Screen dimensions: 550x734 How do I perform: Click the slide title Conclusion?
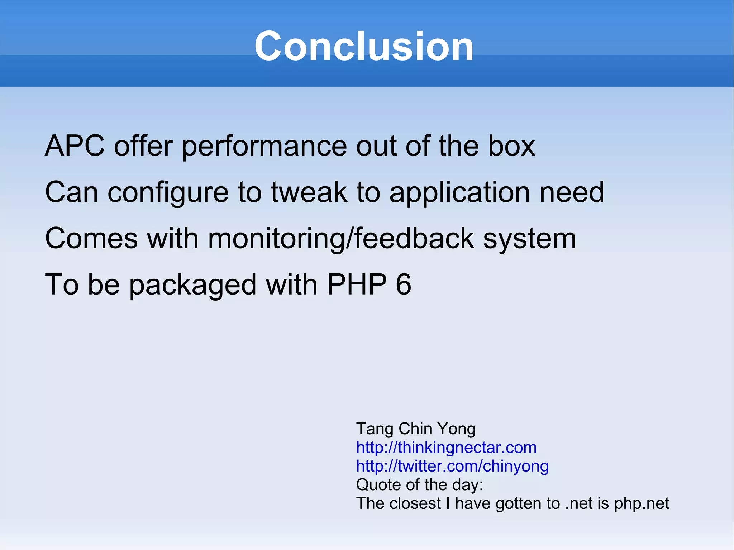(x=364, y=47)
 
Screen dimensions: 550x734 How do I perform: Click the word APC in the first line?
(x=75, y=146)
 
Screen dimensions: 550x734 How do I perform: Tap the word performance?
(x=264, y=147)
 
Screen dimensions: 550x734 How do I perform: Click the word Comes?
(x=91, y=239)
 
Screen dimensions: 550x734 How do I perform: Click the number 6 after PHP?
(x=404, y=284)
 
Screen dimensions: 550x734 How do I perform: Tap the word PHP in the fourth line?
(x=357, y=284)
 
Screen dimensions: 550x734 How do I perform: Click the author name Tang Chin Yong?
(x=415, y=429)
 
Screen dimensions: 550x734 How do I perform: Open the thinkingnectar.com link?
(x=446, y=448)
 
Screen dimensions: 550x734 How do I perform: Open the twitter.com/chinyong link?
(x=452, y=466)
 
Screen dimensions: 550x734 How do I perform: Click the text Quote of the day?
(x=419, y=485)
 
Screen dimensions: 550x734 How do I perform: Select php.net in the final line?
(x=641, y=504)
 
